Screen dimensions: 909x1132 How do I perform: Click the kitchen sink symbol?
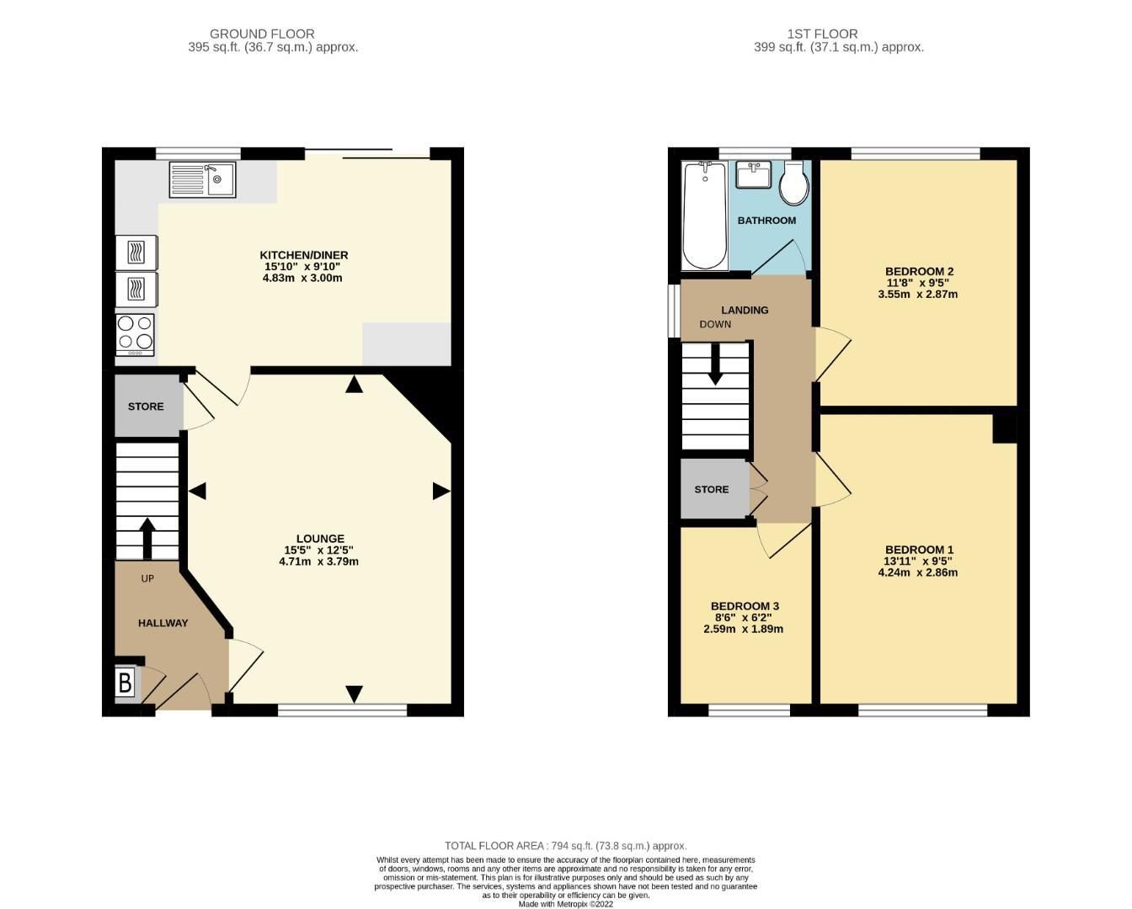[203, 179]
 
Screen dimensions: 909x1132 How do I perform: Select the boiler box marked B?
[125, 683]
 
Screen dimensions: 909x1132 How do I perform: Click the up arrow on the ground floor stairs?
[147, 538]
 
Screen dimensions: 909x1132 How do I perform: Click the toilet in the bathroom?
[793, 184]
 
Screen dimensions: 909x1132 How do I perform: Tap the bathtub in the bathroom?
[704, 215]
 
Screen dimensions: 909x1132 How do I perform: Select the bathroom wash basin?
[753, 176]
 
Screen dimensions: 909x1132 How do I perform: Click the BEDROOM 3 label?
[745, 606]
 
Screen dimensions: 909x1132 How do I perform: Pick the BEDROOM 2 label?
[919, 271]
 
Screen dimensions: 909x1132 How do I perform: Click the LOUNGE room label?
[320, 539]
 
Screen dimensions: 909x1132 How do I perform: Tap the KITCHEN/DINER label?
[303, 255]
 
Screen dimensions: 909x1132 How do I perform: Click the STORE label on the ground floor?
[146, 407]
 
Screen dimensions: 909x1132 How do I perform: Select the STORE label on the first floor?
[712, 489]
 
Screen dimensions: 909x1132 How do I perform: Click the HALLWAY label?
[163, 623]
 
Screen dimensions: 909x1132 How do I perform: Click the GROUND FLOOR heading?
[262, 34]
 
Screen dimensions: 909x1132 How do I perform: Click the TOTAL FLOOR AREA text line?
[565, 846]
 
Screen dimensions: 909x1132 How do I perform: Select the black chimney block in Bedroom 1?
[1004, 425]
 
